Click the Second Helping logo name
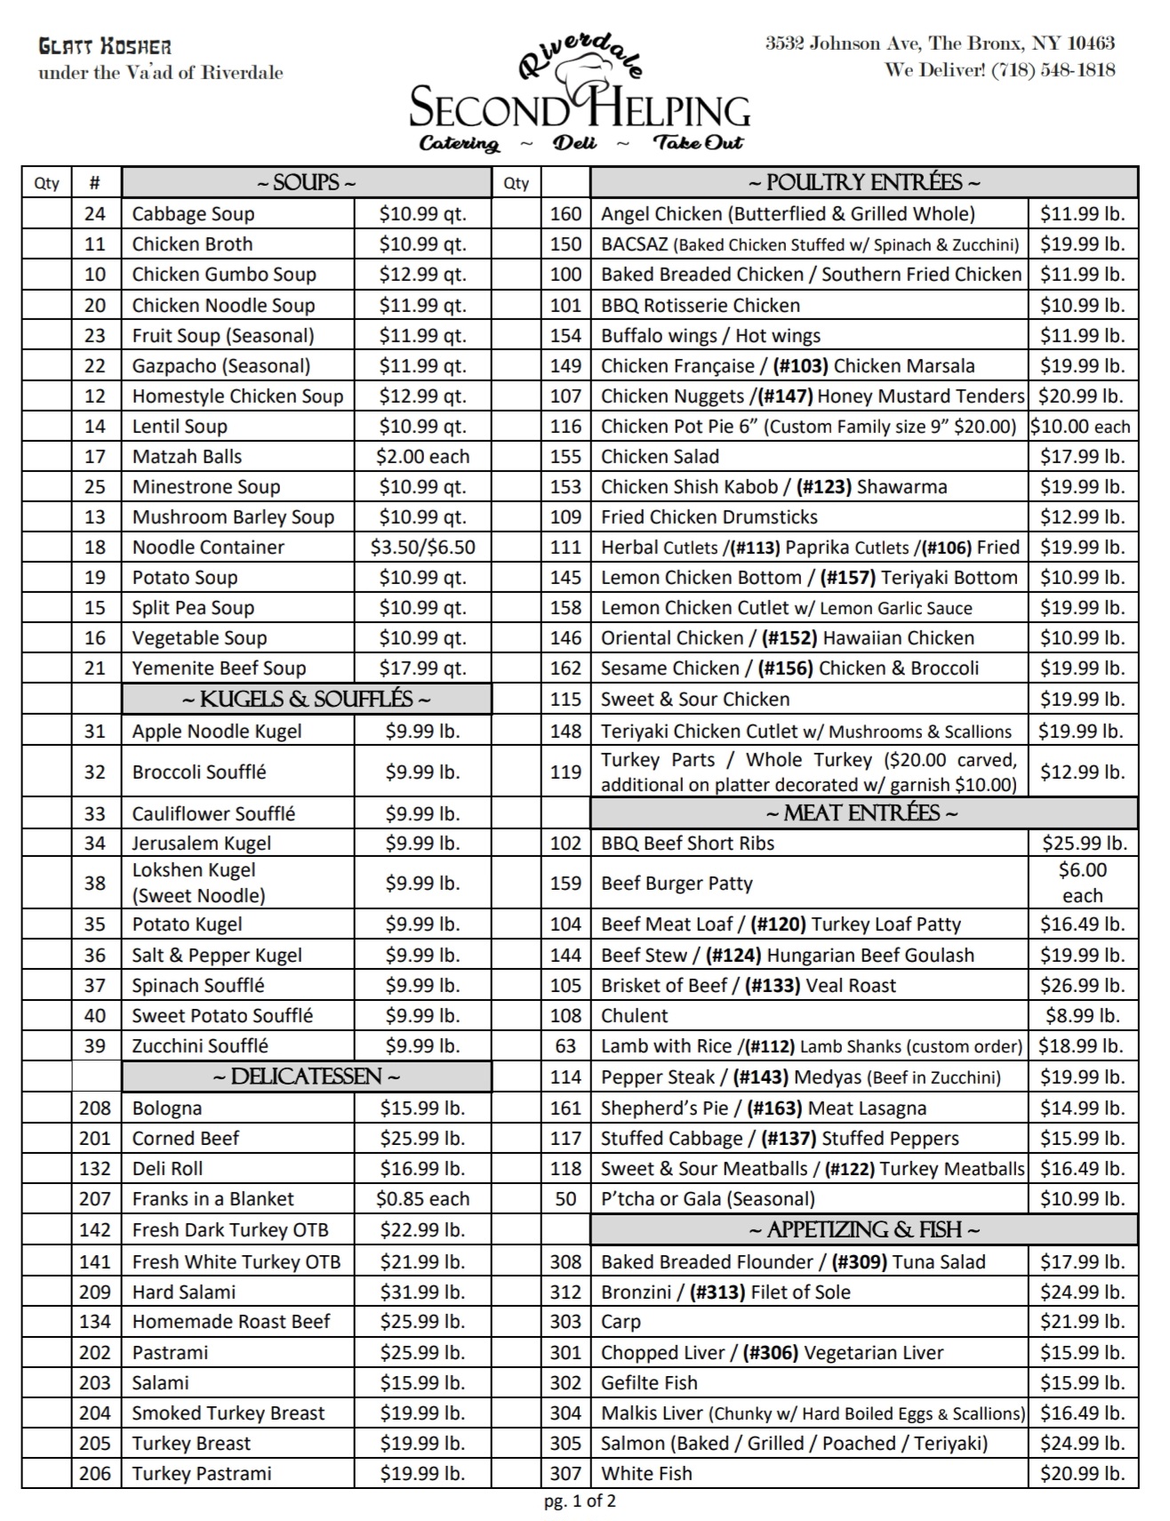click(x=580, y=110)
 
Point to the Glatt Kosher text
click(x=105, y=47)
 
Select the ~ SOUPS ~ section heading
click(x=306, y=182)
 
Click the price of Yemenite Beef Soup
click(x=422, y=668)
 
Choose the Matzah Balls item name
click(x=187, y=457)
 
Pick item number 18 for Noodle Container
click(x=95, y=548)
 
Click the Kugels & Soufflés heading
click(x=306, y=700)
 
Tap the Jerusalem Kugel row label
click(x=202, y=844)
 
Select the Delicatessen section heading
click(x=306, y=1077)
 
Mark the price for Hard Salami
click(x=422, y=1293)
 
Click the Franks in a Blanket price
click(x=422, y=1199)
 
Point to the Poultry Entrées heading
click(x=863, y=182)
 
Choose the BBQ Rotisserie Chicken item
click(x=701, y=306)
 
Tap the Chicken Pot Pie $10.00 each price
click(x=1081, y=427)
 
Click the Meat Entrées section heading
click(x=863, y=813)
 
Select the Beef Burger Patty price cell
click(x=1082, y=883)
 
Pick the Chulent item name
click(x=635, y=1016)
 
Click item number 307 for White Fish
click(x=565, y=1474)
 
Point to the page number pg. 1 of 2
click(x=580, y=1501)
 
